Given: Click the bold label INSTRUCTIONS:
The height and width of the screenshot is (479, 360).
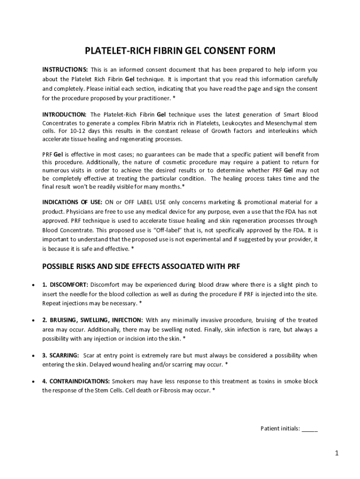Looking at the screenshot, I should click(x=65, y=69).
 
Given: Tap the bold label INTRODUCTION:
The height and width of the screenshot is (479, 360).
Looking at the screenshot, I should click(x=65, y=114).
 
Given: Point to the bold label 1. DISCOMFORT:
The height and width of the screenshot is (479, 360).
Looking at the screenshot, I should click(x=65, y=284).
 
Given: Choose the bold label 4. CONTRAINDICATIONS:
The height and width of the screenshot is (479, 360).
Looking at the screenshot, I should click(x=76, y=381).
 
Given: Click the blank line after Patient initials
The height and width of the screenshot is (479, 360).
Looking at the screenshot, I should click(x=310, y=428).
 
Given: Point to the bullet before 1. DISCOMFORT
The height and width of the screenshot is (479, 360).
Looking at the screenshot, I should click(x=33, y=285).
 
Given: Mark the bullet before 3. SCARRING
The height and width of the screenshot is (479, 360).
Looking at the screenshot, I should click(x=33, y=356).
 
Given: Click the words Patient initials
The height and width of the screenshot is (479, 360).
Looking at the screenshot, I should click(x=279, y=428).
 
